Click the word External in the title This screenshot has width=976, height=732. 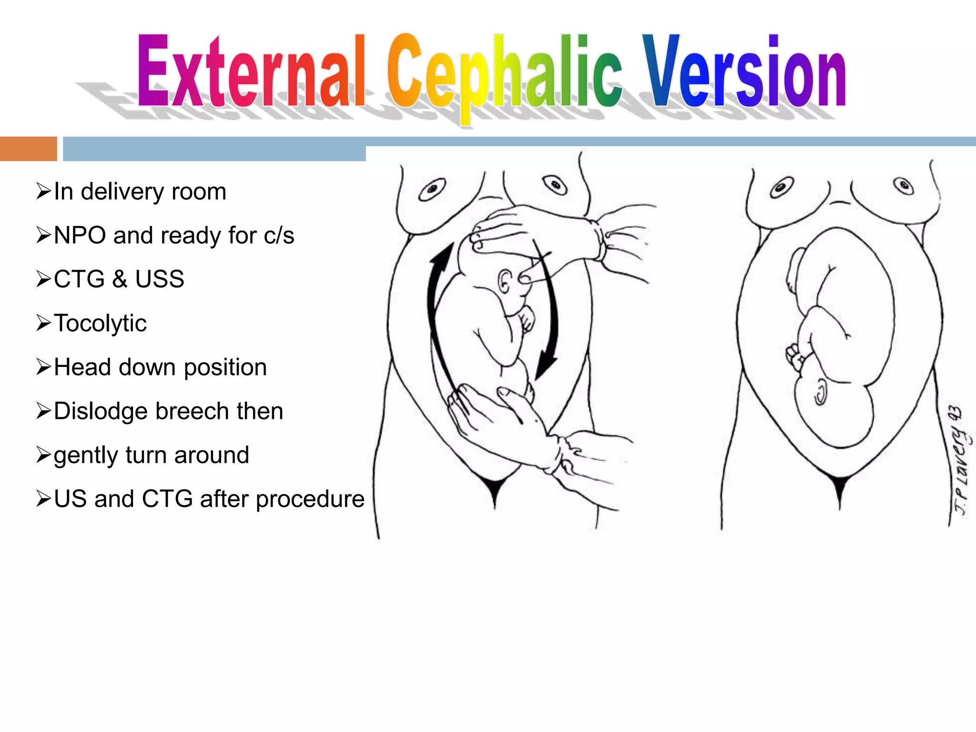click(251, 71)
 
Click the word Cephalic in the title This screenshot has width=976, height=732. click(504, 71)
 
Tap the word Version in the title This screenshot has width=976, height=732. click(743, 71)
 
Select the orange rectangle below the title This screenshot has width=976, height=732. click(28, 149)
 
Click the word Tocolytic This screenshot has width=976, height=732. click(100, 323)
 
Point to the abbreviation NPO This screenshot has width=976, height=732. click(80, 235)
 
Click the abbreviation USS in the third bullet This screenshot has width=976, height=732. click(159, 279)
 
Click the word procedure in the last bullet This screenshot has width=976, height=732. click(310, 499)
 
